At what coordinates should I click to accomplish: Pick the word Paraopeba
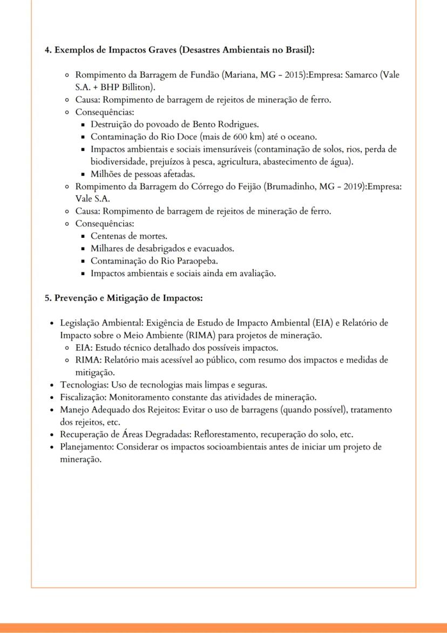[x=192, y=261]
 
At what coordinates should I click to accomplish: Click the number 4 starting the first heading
[x=47, y=50]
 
